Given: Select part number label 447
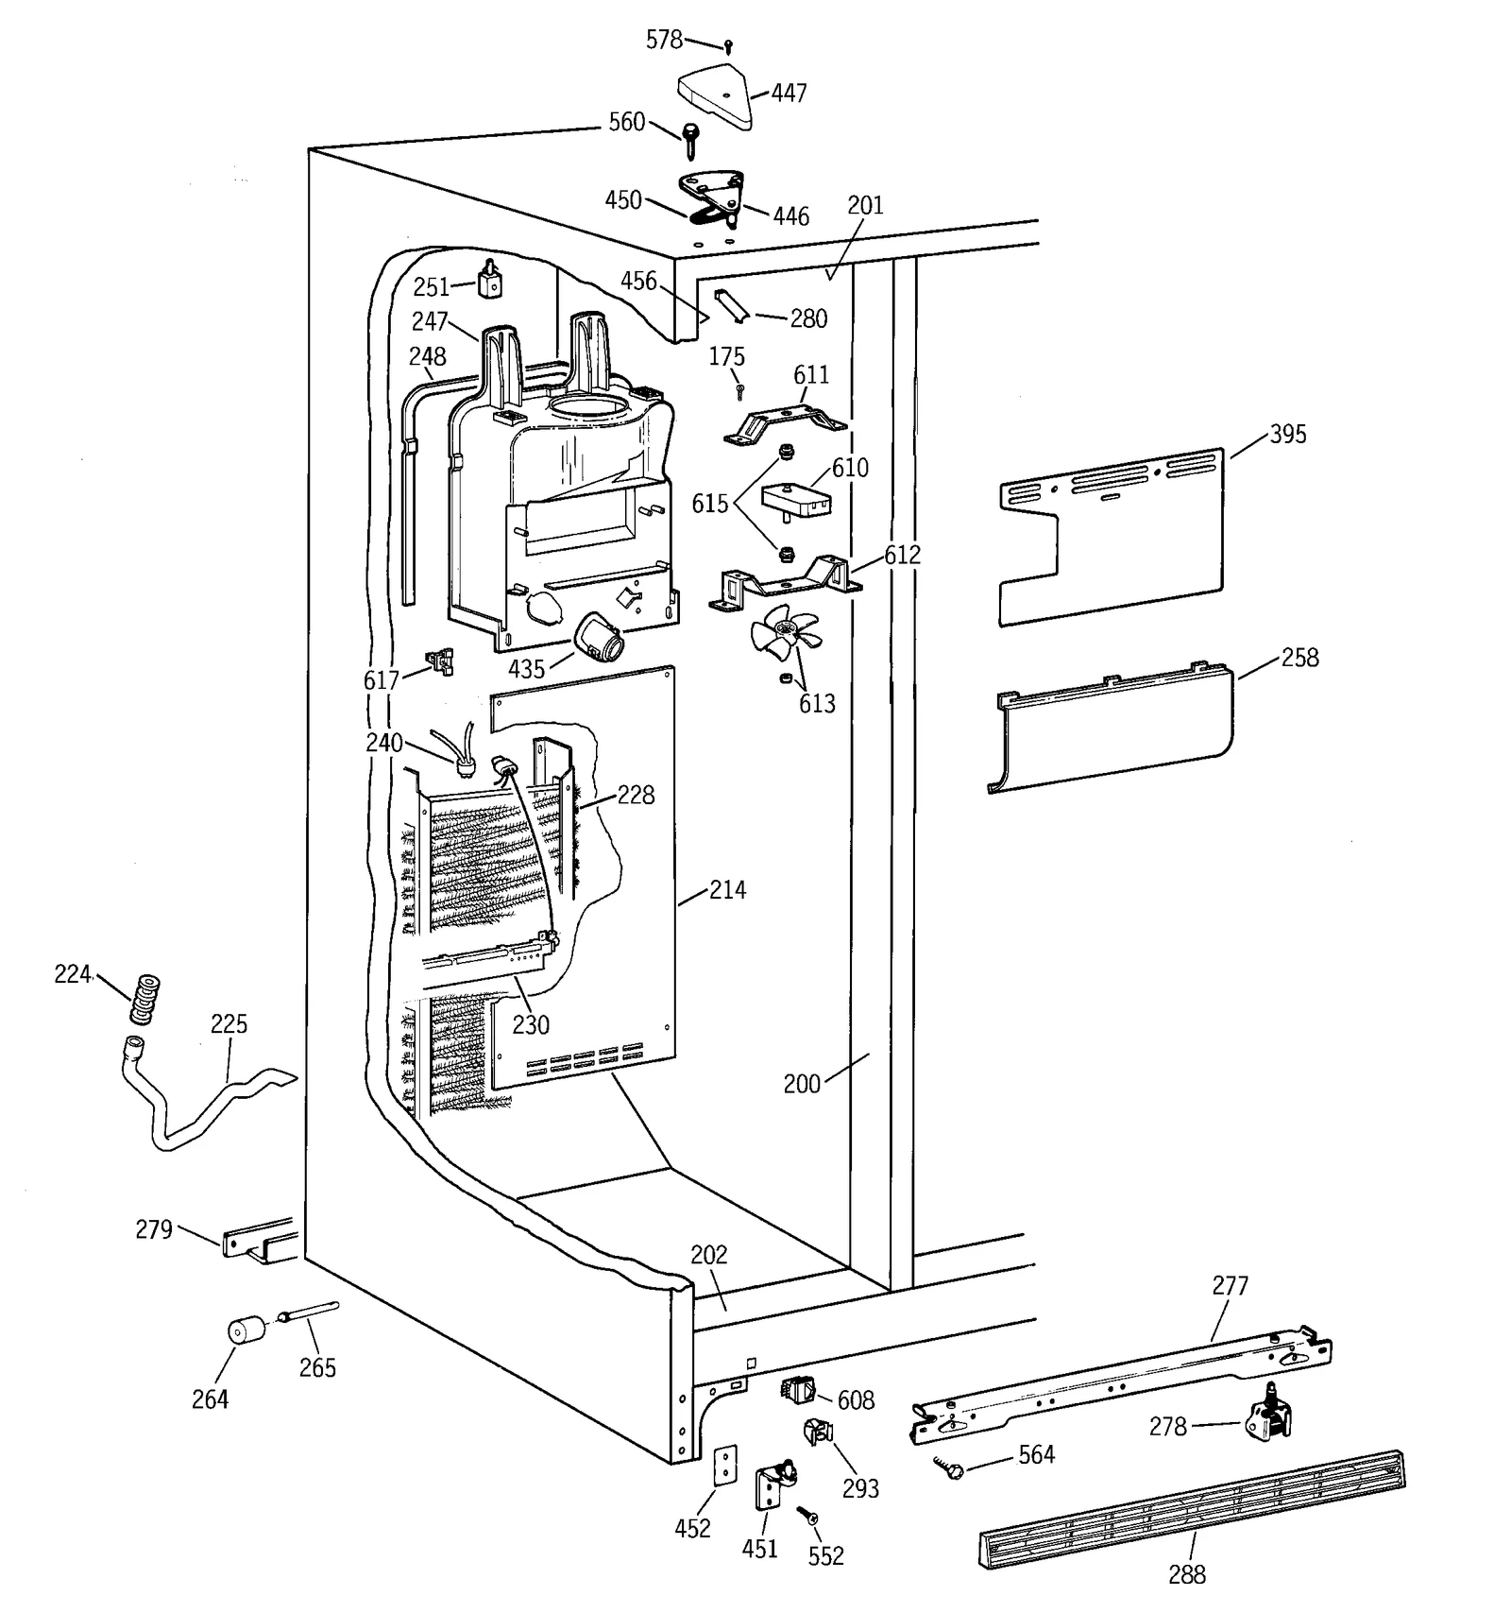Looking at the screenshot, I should click(789, 93).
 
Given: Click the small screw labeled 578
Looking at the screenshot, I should click(728, 45).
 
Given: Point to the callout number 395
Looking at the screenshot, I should click(1287, 434).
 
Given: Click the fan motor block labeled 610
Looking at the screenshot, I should click(795, 498).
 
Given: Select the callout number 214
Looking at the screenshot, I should click(727, 889).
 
